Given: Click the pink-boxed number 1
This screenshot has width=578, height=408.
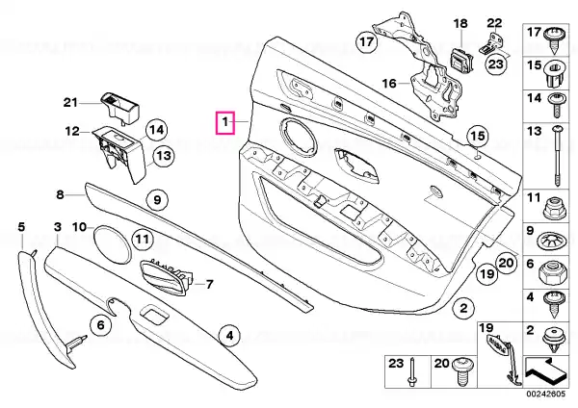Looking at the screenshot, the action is coord(225,122).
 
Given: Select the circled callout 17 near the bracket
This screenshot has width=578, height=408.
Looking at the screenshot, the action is coord(367,41).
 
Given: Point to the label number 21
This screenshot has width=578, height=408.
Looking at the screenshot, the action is coord(70,102).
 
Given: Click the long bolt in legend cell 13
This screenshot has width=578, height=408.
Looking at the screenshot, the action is coord(557,156).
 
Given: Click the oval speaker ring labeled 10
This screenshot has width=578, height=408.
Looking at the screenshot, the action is coord(111,244).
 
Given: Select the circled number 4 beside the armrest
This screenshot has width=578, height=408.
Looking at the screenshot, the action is coord(229,336).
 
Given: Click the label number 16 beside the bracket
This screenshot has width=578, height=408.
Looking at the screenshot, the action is coord(389,84).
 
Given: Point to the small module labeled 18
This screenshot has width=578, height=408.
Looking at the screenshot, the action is coord(462,60).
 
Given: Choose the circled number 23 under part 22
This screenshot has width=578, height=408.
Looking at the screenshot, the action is coord(496,64).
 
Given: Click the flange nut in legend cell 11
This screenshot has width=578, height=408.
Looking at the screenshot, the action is coord(553,209).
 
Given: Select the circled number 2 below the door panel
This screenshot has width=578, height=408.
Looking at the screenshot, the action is coord(463,308).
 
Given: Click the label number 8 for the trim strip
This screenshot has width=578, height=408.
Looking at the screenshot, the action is coord(60,194).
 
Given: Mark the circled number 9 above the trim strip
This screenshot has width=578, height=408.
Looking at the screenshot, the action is coord(157,200).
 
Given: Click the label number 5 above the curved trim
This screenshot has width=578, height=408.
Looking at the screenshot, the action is coord(21,227).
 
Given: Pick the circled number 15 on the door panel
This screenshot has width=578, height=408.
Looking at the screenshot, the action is coord(478,137).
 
